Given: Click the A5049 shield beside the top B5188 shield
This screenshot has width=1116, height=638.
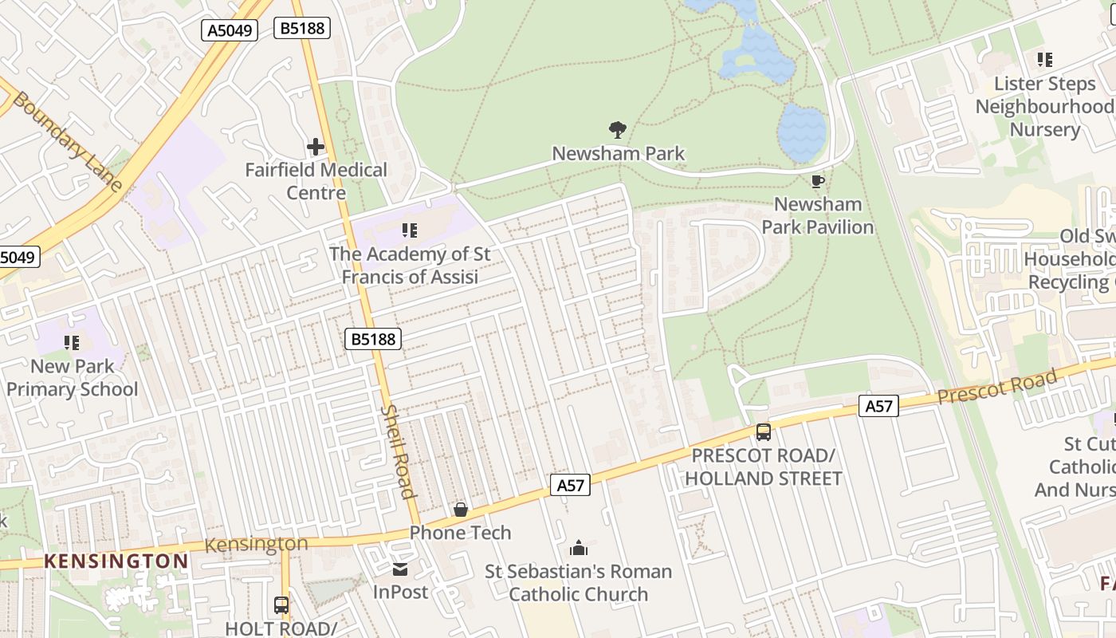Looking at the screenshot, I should point(230,30).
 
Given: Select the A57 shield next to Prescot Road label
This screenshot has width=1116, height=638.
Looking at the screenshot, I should point(878,406).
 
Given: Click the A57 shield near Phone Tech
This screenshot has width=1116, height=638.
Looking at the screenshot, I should point(570,485).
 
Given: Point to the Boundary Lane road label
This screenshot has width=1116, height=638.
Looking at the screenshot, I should point(68,142).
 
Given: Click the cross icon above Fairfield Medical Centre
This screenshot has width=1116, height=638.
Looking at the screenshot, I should point(316,147).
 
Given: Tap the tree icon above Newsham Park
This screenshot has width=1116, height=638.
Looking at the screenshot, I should point(618,129).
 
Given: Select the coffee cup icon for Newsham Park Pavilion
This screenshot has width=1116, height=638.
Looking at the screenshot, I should point(817,182).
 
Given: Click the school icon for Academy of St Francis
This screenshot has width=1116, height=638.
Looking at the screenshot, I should point(410,231).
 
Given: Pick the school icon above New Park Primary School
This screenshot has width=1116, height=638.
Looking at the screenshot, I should point(72,343).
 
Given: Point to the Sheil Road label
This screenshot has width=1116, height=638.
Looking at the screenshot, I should point(399,451).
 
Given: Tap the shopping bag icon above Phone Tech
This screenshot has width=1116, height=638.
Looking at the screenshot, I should point(460,509).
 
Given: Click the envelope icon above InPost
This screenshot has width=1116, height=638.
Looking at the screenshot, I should point(400,569).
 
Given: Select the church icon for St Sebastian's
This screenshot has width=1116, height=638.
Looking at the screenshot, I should point(579,548).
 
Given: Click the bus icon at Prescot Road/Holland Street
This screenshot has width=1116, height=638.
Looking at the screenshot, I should point(763,432).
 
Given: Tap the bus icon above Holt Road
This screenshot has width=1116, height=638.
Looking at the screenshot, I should point(281,605).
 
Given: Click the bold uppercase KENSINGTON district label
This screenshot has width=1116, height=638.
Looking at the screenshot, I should point(116,561).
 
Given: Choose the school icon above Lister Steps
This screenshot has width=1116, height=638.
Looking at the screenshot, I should point(1044,59).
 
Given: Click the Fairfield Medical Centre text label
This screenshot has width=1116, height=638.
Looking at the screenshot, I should point(316,181).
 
